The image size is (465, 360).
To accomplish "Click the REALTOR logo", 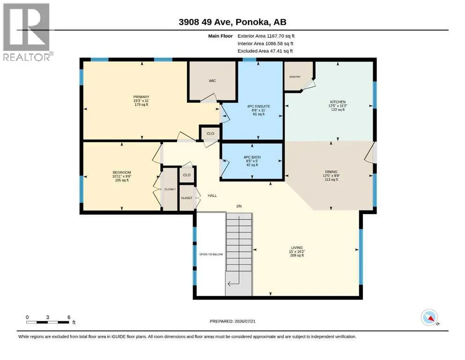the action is click(27, 32).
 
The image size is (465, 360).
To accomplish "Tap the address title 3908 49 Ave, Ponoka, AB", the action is click(232, 22).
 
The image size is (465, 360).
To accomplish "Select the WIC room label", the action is click(212, 81).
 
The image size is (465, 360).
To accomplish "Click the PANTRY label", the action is click(295, 77).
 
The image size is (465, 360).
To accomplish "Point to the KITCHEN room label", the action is click(338, 102).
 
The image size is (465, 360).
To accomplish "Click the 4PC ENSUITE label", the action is click(258, 106).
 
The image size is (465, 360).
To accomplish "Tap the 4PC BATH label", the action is click(252, 157).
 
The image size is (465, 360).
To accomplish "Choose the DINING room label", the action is click(331, 172).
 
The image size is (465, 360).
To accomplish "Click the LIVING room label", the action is click(297, 247).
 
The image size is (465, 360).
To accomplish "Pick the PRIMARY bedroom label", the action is click(141, 97).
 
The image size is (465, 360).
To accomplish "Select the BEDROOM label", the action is click(122, 172).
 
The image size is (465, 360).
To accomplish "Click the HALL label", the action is click(212, 195).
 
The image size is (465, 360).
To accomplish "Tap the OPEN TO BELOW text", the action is click(211, 255).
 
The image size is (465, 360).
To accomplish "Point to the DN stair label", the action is click(239, 206).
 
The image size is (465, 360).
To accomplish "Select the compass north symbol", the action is click(429, 318).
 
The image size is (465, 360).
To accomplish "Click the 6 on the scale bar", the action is click(69, 317).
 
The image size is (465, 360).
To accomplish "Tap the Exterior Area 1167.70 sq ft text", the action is click(266, 36).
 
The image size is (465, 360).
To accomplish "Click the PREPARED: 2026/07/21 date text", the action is click(232, 321).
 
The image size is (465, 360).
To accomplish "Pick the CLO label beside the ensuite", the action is click(211, 134).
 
